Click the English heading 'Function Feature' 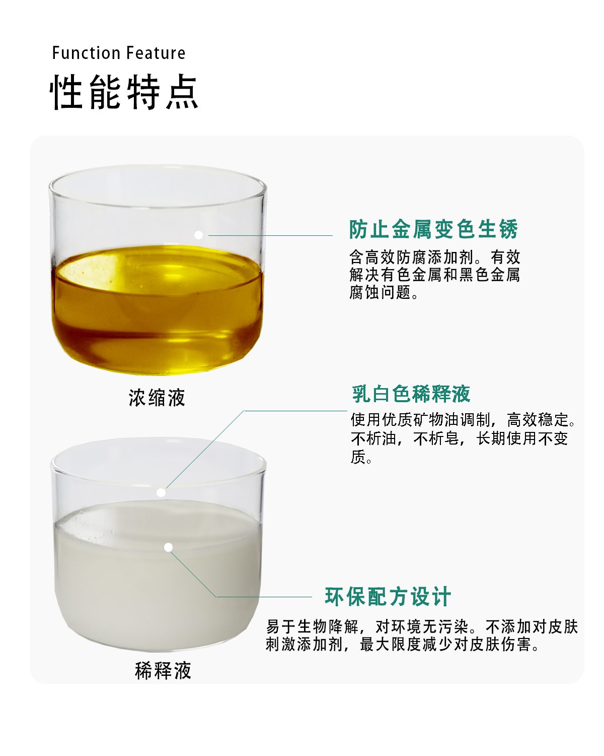tap(119, 53)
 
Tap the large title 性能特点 tap(124, 92)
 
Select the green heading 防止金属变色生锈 tap(433, 229)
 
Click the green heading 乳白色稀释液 tap(411, 394)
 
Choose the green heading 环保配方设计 tap(388, 597)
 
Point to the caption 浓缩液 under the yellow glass tap(157, 398)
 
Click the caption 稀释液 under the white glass tap(163, 670)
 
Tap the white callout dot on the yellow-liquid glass tap(199, 235)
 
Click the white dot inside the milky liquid tap(169, 547)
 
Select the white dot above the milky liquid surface tap(161, 493)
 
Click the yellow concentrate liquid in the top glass tap(157, 309)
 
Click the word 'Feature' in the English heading tap(156, 53)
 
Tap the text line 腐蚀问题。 tap(384, 292)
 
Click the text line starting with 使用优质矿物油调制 tap(463, 419)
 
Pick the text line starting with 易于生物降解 tap(422, 626)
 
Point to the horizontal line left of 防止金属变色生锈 tap(270, 235)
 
